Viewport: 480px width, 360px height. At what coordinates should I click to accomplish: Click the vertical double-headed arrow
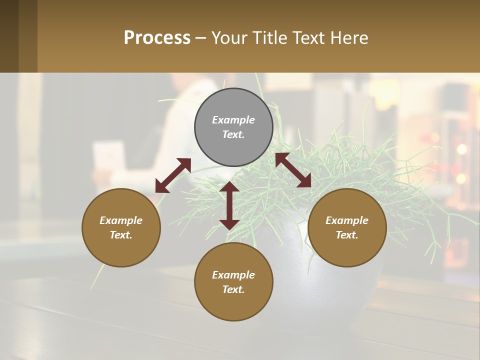click(x=229, y=206)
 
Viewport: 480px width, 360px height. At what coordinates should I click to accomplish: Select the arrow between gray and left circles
click(x=173, y=175)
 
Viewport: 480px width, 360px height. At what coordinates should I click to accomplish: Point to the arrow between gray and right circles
click(x=293, y=170)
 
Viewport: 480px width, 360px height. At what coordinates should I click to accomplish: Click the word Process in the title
click(x=157, y=38)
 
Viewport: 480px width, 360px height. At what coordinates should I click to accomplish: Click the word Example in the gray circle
click(x=233, y=120)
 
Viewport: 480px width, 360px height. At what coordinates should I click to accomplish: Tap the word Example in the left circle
click(x=121, y=220)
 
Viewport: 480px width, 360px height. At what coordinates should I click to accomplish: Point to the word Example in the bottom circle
click(x=233, y=275)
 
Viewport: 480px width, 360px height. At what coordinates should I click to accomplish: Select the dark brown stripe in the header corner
click(x=9, y=36)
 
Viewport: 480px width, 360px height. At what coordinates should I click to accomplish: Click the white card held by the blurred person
click(x=108, y=155)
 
